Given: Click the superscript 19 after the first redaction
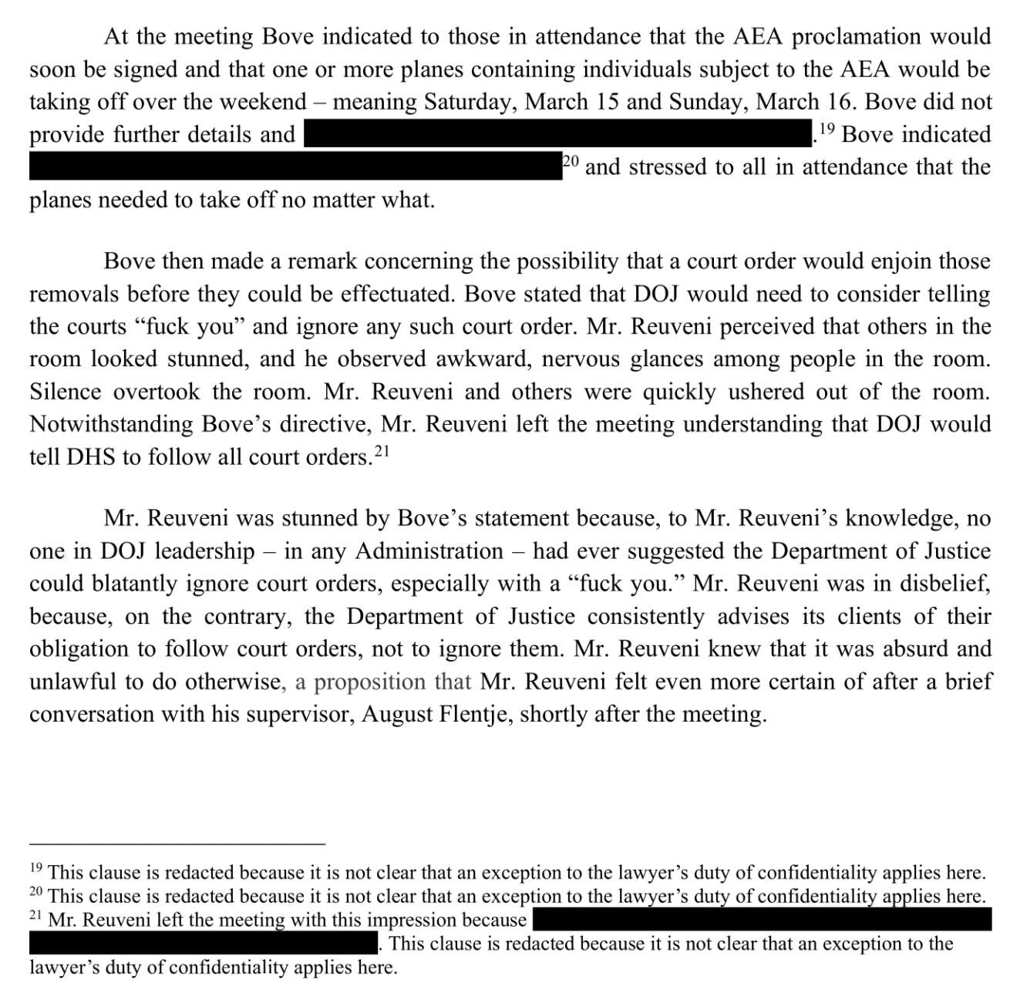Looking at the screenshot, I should pos(827,130).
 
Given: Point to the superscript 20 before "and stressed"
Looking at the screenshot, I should pos(571,162).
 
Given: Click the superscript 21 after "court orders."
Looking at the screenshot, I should pos(382,453).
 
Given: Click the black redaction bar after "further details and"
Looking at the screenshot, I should pos(558,135).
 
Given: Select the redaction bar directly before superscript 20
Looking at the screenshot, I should pos(295,167).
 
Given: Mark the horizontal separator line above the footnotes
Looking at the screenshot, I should pos(177,844).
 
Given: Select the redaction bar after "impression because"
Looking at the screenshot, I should pos(762,920).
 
